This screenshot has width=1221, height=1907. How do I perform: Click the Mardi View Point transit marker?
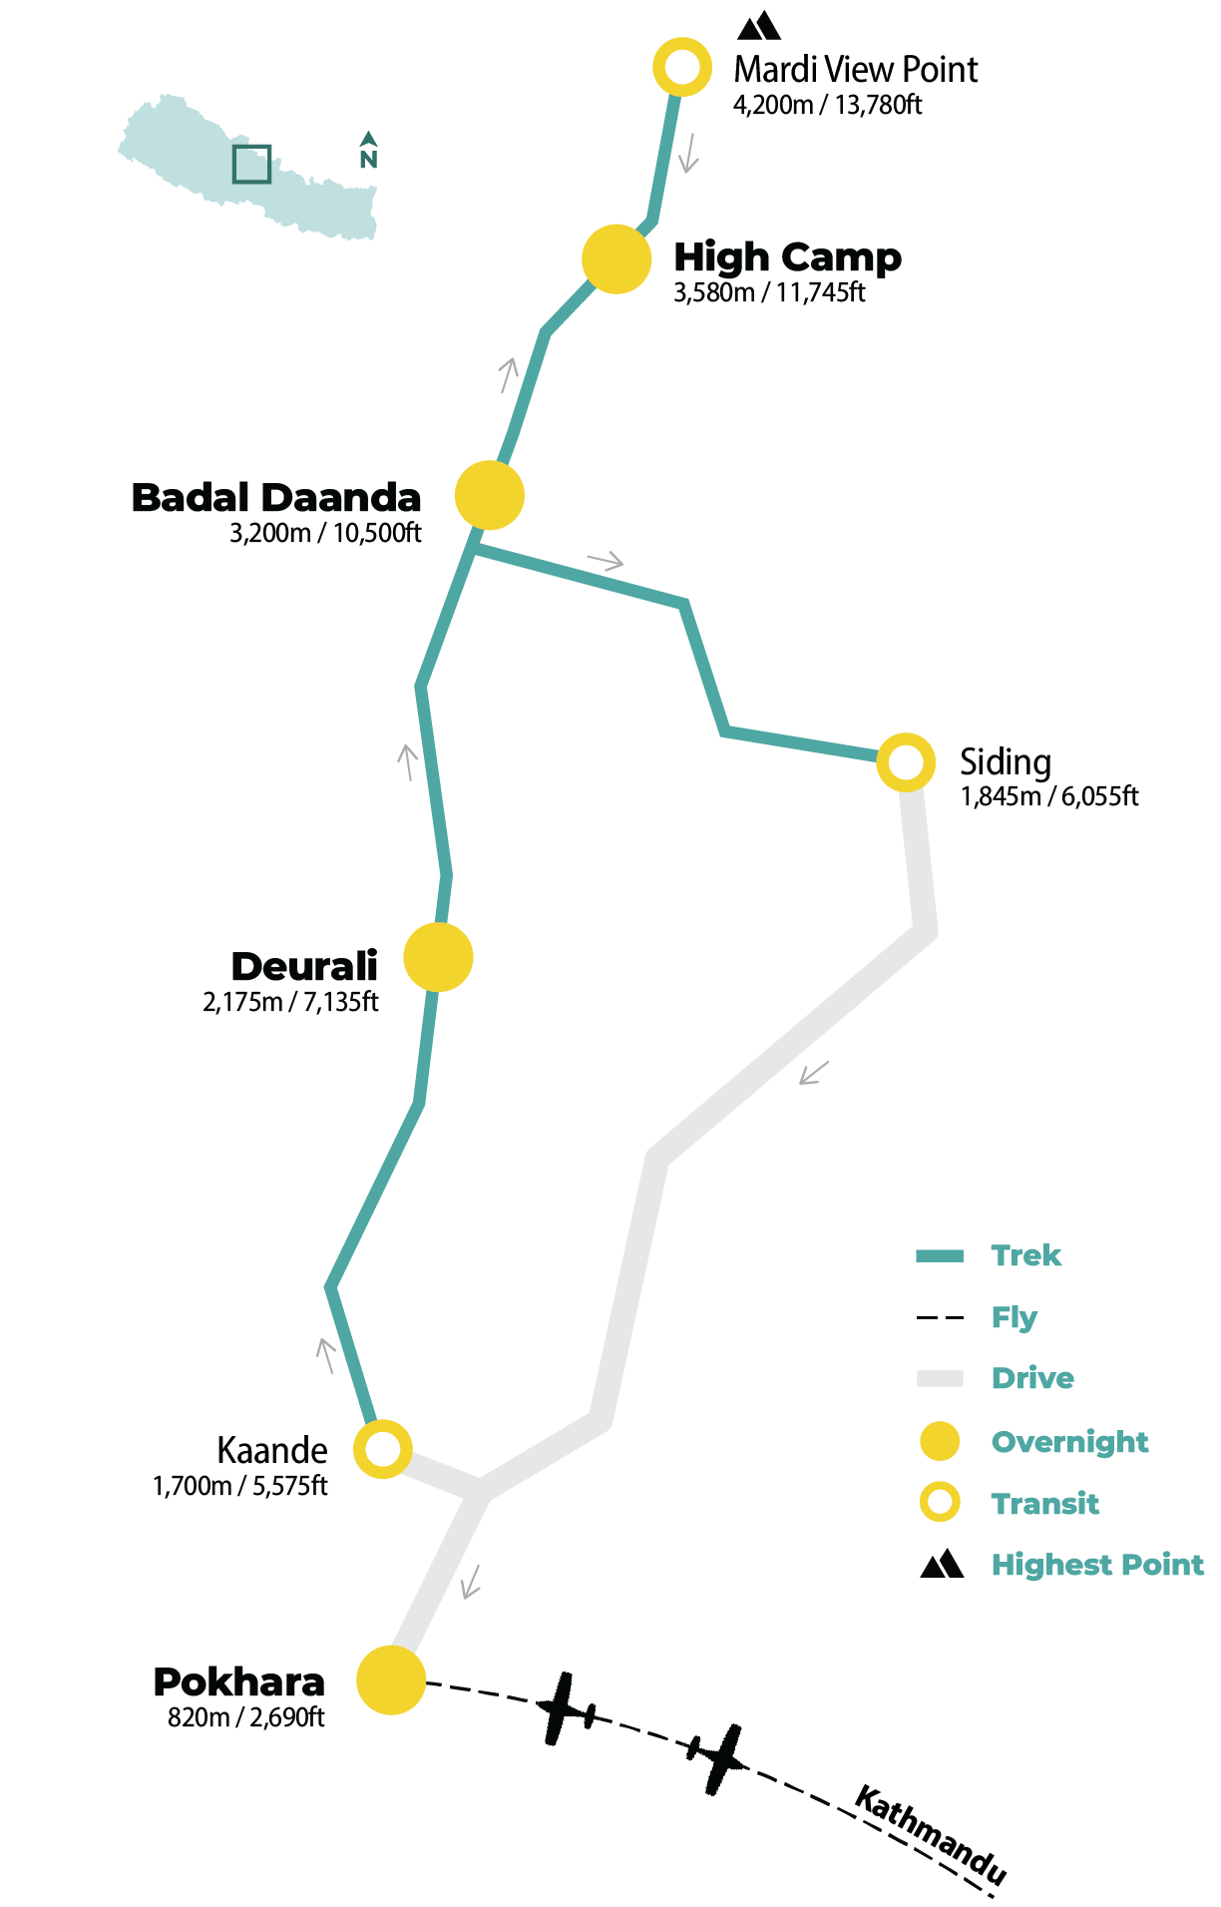pos(682,67)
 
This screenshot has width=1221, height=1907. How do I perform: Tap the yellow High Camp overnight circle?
pos(616,259)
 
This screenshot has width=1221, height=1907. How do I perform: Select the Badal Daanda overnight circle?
pos(490,495)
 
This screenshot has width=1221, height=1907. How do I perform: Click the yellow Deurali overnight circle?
pos(438,957)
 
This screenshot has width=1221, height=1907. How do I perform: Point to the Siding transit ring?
pos(906,762)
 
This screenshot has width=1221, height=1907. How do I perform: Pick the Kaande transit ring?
pos(383,1449)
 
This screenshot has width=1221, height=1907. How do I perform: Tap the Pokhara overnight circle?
pos(391,1680)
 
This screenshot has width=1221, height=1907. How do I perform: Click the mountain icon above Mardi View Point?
pos(759,25)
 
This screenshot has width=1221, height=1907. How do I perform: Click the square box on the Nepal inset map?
pos(251,165)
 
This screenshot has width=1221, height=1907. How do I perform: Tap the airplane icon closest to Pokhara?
pos(566,1708)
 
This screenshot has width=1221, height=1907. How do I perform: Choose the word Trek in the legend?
pos(1025,1255)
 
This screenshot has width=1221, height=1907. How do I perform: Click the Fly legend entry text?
pos(1014,1317)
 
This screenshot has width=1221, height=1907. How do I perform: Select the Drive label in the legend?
pos(1032,1378)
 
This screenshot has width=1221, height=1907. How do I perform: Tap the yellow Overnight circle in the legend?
pos(940,1441)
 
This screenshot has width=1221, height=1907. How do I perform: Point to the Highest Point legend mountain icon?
pos(942,1564)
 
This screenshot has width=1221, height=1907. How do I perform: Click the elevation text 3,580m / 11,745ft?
pos(769,292)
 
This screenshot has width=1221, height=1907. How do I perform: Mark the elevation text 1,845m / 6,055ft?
pos(1049,796)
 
